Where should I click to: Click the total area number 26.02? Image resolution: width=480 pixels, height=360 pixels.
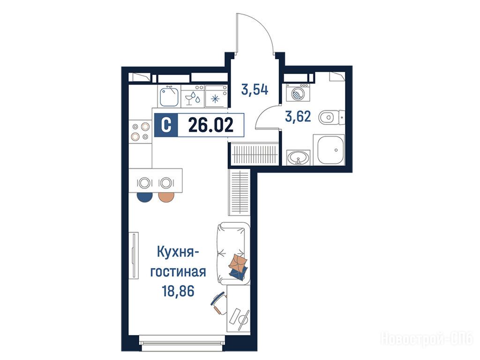click(x=210, y=125)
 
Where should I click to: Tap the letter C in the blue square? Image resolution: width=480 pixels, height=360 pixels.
click(x=166, y=125)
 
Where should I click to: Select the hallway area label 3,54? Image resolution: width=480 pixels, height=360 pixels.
click(x=255, y=90)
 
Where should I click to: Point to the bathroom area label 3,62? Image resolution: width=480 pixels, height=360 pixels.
click(x=298, y=117)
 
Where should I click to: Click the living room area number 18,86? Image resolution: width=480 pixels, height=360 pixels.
click(x=178, y=291)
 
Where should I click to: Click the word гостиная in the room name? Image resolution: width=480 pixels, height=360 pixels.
click(x=178, y=272)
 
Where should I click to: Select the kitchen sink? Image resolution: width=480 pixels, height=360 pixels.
click(x=169, y=96)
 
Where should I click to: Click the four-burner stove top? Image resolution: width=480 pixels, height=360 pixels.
click(x=140, y=131)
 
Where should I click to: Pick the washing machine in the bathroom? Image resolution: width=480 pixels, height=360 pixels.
click(x=298, y=92)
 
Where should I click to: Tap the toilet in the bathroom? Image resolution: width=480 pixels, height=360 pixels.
click(x=331, y=117)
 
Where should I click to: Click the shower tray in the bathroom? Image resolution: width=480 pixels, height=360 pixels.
click(x=330, y=150)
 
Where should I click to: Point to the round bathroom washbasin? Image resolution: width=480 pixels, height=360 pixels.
click(x=298, y=158)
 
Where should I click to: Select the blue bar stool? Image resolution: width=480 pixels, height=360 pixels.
click(x=145, y=197)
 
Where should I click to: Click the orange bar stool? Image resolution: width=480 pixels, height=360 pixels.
click(x=166, y=197)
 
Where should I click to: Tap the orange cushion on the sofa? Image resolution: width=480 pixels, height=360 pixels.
click(x=238, y=262)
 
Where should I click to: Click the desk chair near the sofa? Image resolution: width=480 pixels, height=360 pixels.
click(x=219, y=303)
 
